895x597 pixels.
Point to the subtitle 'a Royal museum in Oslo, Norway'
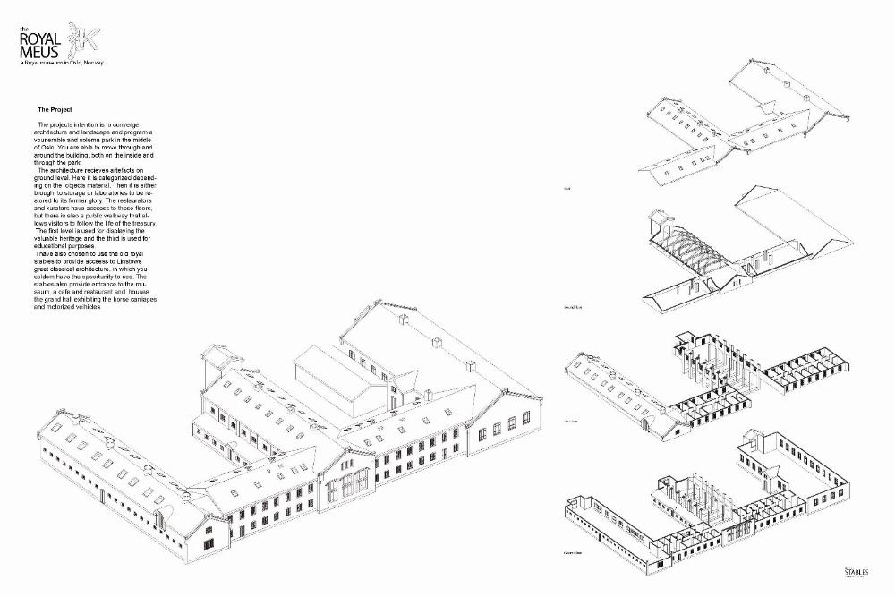click(x=63, y=64)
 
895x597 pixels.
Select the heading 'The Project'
click(x=55, y=109)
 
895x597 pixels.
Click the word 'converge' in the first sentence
click(x=141, y=124)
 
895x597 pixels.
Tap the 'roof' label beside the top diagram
click(x=567, y=190)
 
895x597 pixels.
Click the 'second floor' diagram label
click(x=574, y=307)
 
